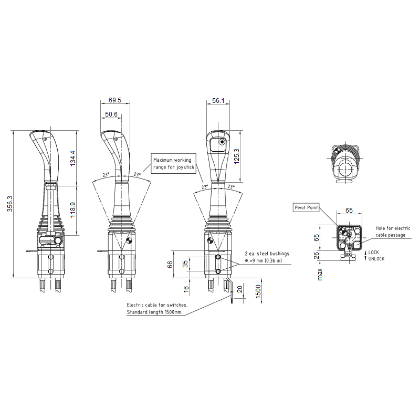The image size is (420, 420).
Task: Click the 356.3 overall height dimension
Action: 10,204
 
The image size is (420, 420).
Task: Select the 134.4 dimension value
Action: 73,159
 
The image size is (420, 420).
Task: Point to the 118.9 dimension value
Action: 73,210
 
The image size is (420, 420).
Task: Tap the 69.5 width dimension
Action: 115,100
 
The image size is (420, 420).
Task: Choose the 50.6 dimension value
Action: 111,114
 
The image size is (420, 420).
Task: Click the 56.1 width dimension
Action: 218,101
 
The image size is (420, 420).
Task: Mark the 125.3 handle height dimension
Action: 237,156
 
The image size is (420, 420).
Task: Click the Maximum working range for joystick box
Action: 173,163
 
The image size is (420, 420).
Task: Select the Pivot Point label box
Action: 306,207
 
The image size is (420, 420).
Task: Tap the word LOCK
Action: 373,253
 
